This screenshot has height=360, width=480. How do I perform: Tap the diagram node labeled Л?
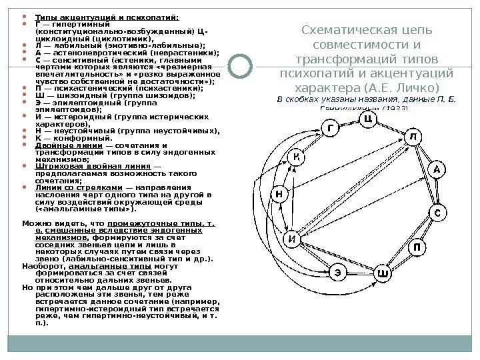(x=414, y=137)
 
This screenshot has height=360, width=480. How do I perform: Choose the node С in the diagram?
(x=437, y=213)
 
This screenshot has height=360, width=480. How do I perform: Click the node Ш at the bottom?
(x=382, y=272)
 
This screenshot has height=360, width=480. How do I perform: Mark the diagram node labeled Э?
(x=339, y=271)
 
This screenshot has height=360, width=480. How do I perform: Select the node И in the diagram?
(x=291, y=238)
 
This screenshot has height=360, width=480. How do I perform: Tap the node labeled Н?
(x=279, y=194)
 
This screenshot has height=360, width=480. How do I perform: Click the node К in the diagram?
(x=298, y=156)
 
